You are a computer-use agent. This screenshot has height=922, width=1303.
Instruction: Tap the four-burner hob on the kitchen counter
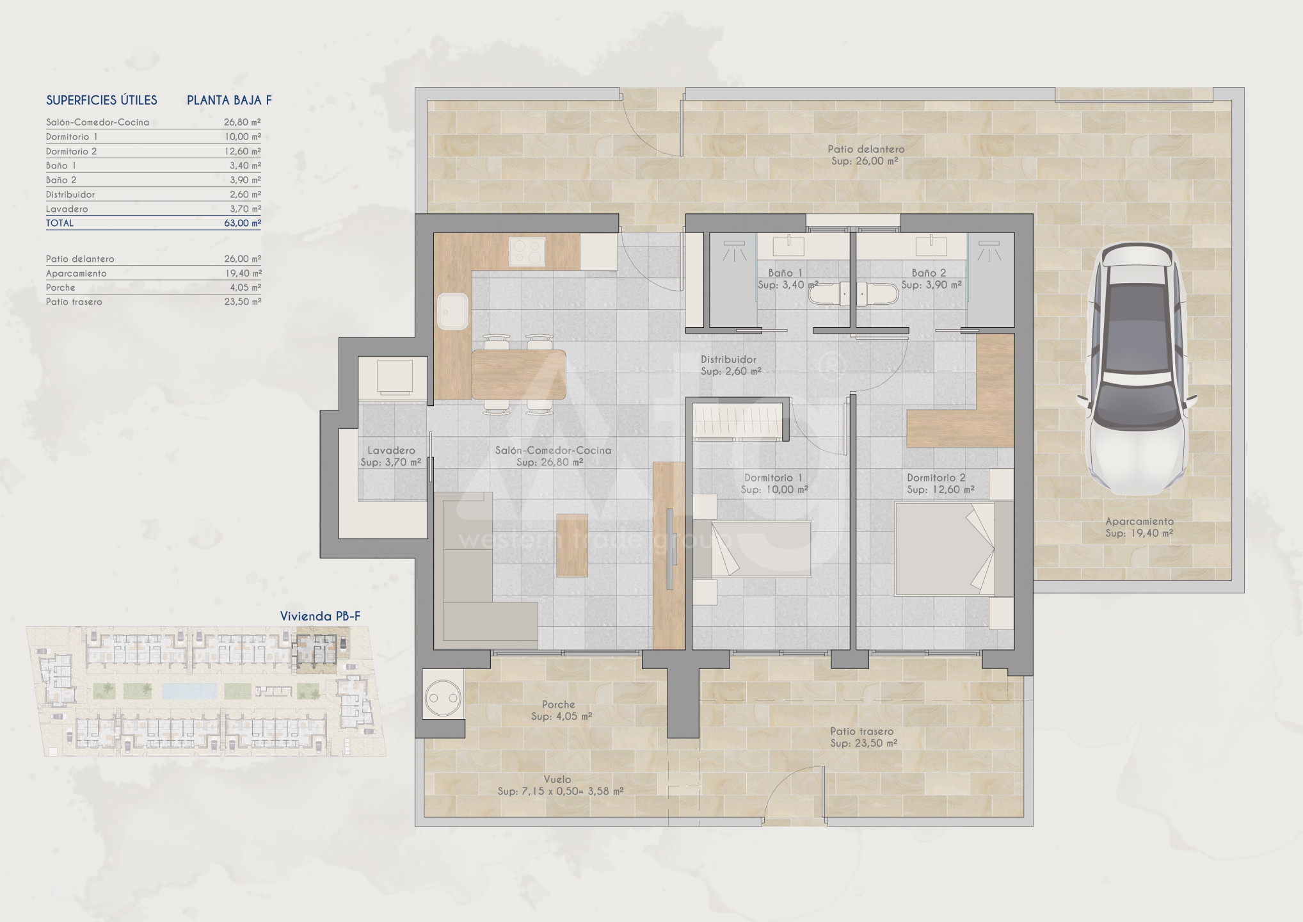pos(527,252)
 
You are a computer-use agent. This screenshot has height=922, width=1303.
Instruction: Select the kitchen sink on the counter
pos(452,311)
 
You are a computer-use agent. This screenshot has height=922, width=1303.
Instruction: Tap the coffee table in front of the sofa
pos(572,546)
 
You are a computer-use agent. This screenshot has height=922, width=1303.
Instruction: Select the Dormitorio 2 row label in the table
pos(72,151)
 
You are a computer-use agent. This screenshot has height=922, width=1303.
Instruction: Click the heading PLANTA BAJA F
pos(229,100)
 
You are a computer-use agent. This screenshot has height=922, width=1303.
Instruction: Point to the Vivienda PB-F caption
pos(320,616)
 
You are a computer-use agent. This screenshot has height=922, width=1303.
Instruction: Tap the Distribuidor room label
pos(728,360)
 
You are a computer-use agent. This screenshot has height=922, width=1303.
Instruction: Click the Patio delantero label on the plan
pos(866,149)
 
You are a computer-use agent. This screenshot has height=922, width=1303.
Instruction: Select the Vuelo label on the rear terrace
pos(557,779)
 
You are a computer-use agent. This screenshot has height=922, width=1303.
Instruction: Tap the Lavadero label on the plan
pos(391,451)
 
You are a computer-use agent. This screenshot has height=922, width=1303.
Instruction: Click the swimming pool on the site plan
pos(189,691)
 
